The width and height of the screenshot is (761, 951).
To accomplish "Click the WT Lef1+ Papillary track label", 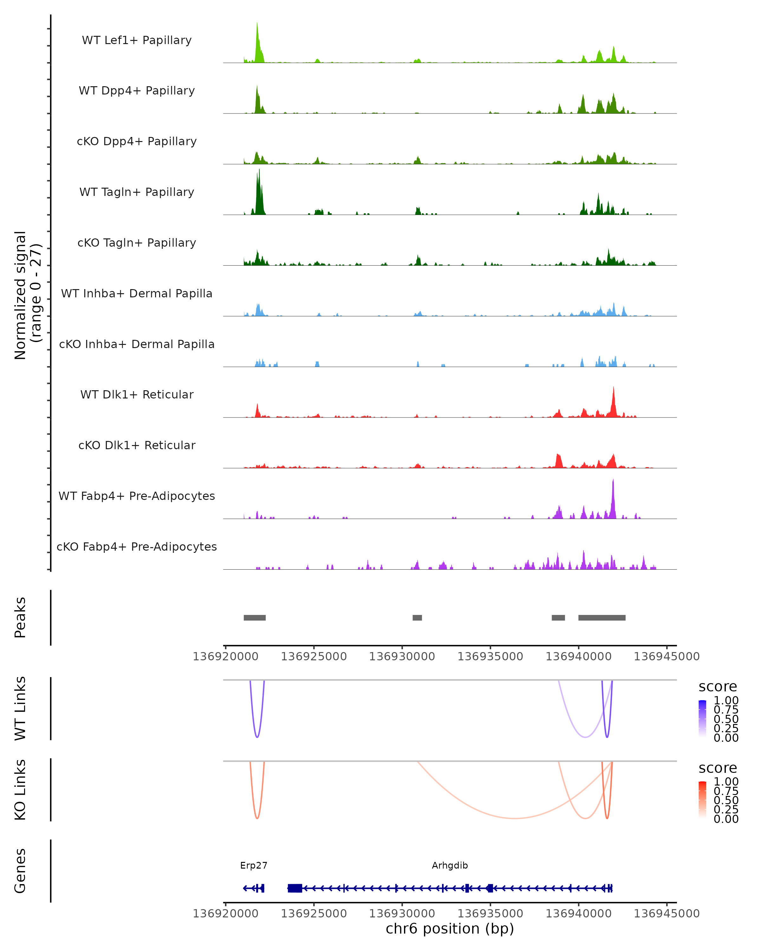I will tap(137, 40).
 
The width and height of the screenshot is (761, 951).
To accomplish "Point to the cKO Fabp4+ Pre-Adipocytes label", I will tap(137, 547).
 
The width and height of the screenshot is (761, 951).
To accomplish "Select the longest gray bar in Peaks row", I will tap(602, 618).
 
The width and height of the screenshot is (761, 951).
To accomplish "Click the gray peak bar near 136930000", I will tap(417, 618).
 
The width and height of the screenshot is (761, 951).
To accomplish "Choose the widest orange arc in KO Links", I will tap(514, 818).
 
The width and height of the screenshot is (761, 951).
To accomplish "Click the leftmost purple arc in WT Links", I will tap(257, 737).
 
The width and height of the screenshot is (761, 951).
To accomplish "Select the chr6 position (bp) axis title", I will tap(450, 928).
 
